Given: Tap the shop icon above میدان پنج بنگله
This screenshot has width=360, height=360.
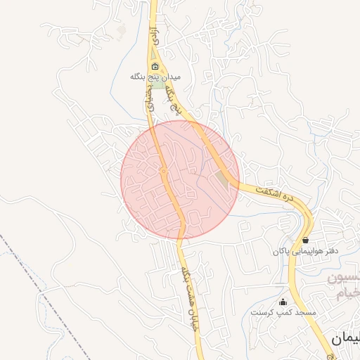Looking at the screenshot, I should coord(155,67).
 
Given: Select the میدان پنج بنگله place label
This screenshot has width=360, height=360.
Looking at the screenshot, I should coord(156,76).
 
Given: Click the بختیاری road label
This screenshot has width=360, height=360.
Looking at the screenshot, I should coord(148,101).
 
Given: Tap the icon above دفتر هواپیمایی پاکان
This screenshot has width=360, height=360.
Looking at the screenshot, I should coord(305,240).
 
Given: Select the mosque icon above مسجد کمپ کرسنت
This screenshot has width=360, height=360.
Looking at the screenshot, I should coord(283,302).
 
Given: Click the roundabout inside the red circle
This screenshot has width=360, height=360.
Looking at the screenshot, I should coord(163,171).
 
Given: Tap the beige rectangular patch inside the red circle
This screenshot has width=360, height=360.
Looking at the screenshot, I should coord(222,180).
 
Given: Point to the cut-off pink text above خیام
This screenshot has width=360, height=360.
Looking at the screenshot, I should coord(346,278).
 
